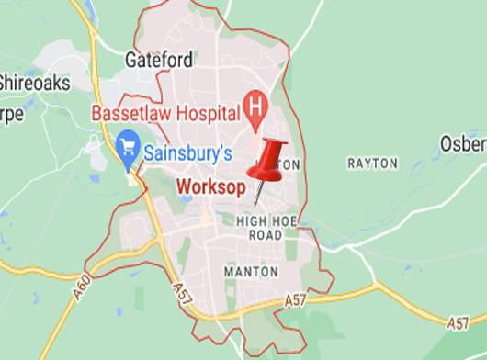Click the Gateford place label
pyautogui.click(x=160, y=61)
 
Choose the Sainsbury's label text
pyautogui.click(x=189, y=146)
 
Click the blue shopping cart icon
pyautogui.click(x=128, y=145)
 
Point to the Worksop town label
pyautogui.click(x=210, y=187)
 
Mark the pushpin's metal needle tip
pyautogui.click(x=256, y=206)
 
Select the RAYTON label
pyautogui.click(x=372, y=163)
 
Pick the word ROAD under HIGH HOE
pyautogui.click(x=266, y=235)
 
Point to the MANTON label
pyautogui.click(x=252, y=272)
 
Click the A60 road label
pyautogui.click(x=81, y=271)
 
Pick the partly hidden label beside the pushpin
pyautogui.click(x=289, y=163)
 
